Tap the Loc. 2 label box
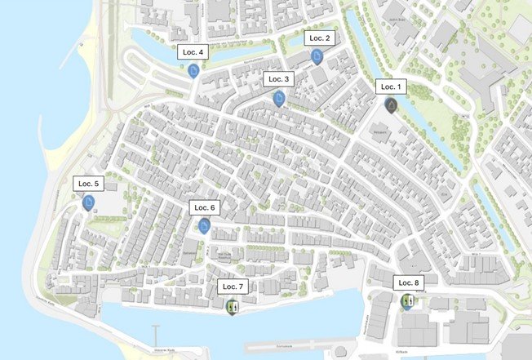317,38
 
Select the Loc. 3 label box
277,79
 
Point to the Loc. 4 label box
192,52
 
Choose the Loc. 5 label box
87,183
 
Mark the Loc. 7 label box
232,287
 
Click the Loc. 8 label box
408,282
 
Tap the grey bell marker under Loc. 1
392,106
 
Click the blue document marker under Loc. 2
317,56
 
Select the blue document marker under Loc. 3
279,99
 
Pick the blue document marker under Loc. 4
193,71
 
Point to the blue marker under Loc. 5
88,202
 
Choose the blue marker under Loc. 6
204,226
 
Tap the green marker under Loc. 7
232,307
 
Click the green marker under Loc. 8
407,301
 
